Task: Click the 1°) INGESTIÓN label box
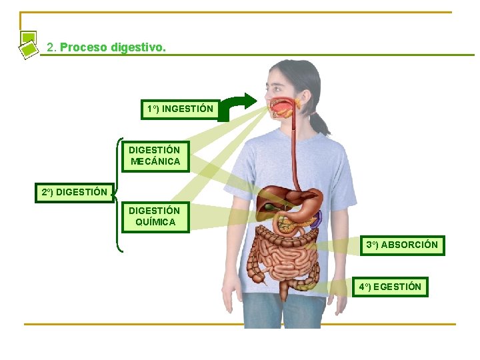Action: point(180,109)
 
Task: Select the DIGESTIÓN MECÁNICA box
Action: point(155,155)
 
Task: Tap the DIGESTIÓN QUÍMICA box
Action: point(155,217)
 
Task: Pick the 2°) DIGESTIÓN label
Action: point(74,193)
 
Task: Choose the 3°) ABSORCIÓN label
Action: point(402,245)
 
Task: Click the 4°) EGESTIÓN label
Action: point(390,287)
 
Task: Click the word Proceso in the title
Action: point(83,48)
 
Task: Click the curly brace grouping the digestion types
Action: point(118,193)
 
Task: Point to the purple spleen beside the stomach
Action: point(318,217)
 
